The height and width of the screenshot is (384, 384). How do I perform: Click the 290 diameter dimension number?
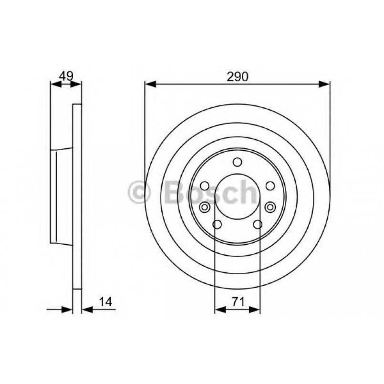(x=237, y=76)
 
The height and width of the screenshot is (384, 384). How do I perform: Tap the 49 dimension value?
(x=65, y=75)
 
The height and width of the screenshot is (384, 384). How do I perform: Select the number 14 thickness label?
(x=106, y=301)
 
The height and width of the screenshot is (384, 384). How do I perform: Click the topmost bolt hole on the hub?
(x=238, y=163)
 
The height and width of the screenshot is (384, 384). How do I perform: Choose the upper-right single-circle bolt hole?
(x=270, y=186)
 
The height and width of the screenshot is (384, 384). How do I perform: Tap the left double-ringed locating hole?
(x=205, y=207)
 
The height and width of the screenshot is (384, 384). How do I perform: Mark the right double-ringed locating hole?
(x=270, y=207)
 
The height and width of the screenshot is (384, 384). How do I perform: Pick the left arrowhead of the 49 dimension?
(x=54, y=84)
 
